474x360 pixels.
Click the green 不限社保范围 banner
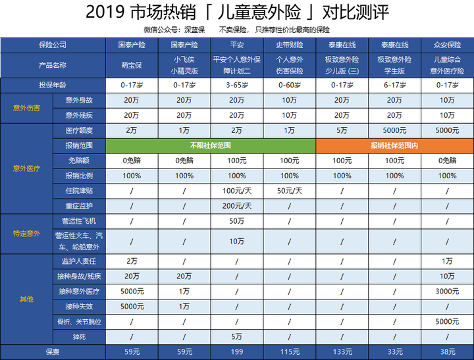(211, 145)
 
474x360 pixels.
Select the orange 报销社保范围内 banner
(395, 145)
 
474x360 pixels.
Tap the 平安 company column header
(237, 45)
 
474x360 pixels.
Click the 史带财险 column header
(289, 45)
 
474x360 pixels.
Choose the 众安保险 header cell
(447, 45)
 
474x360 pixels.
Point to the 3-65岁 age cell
(237, 86)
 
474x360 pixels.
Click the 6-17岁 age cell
(394, 86)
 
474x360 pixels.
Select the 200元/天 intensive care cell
(237, 206)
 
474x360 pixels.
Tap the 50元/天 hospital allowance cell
(289, 191)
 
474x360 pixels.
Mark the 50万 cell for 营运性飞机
(237, 220)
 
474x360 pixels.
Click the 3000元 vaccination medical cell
(447, 291)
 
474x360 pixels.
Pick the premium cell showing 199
(237, 352)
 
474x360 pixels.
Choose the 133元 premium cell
(342, 352)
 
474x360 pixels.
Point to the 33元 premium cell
(394, 352)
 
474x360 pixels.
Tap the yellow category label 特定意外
(26, 234)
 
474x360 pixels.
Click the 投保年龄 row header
(53, 86)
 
